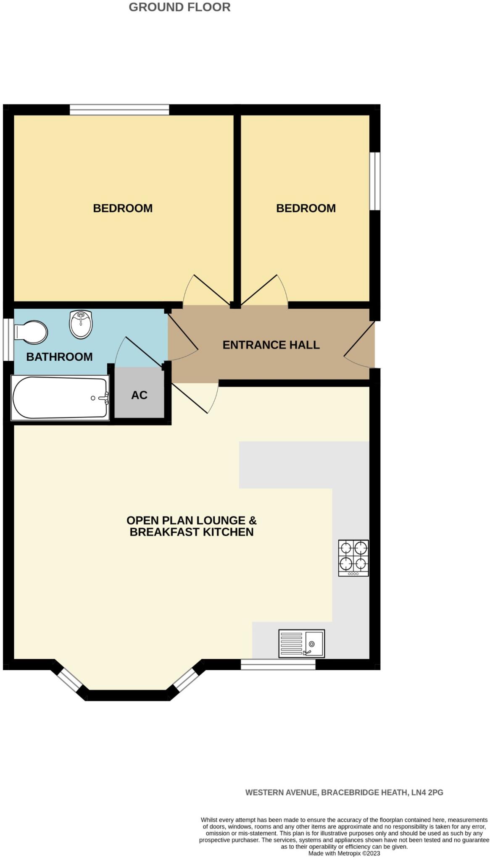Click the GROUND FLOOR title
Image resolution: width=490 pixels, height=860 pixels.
pyautogui.click(x=179, y=7)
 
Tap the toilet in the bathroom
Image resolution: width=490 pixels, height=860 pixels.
pyautogui.click(x=31, y=330)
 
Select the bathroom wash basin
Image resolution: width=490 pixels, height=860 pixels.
pyautogui.click(x=81, y=324)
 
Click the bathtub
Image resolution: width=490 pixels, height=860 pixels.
pyautogui.click(x=60, y=397)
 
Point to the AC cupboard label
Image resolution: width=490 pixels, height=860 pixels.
pyautogui.click(x=139, y=395)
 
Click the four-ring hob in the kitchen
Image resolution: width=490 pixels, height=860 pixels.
pyautogui.click(x=353, y=557)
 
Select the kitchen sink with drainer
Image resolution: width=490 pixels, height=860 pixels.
pyautogui.click(x=301, y=643)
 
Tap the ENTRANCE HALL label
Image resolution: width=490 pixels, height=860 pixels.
pyautogui.click(x=271, y=345)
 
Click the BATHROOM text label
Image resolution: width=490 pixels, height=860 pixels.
pyautogui.click(x=59, y=357)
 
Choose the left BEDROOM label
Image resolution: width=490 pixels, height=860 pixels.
pyautogui.click(x=123, y=208)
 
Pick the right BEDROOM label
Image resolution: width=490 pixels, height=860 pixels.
pyautogui.click(x=306, y=208)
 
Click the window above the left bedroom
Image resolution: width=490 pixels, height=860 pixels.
pyautogui.click(x=119, y=110)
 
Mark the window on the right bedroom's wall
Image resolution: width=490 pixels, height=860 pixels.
pyautogui.click(x=375, y=181)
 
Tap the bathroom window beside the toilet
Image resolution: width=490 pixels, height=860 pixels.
pyautogui.click(x=8, y=339)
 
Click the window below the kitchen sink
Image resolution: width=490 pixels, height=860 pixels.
pyautogui.click(x=278, y=664)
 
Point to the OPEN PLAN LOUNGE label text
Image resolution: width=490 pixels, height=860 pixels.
pyautogui.click(x=191, y=521)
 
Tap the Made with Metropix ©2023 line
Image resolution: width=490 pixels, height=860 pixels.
pyautogui.click(x=344, y=853)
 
